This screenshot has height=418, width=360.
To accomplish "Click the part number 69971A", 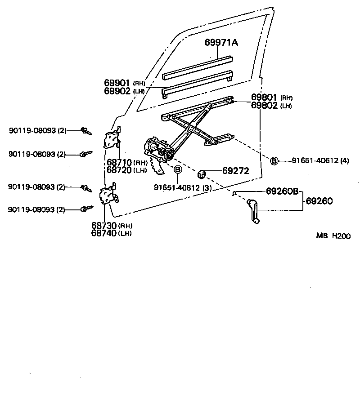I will click(x=221, y=43).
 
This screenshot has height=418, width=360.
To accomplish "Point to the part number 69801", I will click(x=265, y=98).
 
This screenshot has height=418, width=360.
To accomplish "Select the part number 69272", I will click(x=235, y=171).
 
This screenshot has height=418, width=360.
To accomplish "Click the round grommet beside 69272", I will click(x=202, y=172).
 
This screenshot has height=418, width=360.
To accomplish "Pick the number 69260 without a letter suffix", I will click(x=319, y=201).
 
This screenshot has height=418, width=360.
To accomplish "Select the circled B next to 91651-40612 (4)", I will click(x=274, y=160).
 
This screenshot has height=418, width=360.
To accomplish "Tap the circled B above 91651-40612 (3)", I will click(x=178, y=169).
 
